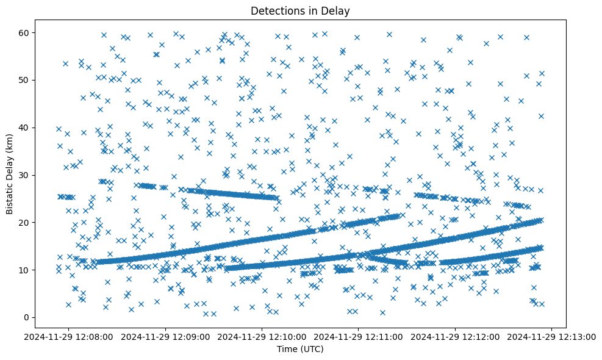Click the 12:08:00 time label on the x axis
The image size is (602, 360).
[69, 336]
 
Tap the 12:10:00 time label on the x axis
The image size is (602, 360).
[262, 336]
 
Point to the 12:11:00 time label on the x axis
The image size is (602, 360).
[359, 336]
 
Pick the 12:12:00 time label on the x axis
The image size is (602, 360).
[455, 336]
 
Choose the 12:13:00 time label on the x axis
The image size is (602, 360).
[551, 336]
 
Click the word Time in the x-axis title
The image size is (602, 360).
[287, 349]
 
